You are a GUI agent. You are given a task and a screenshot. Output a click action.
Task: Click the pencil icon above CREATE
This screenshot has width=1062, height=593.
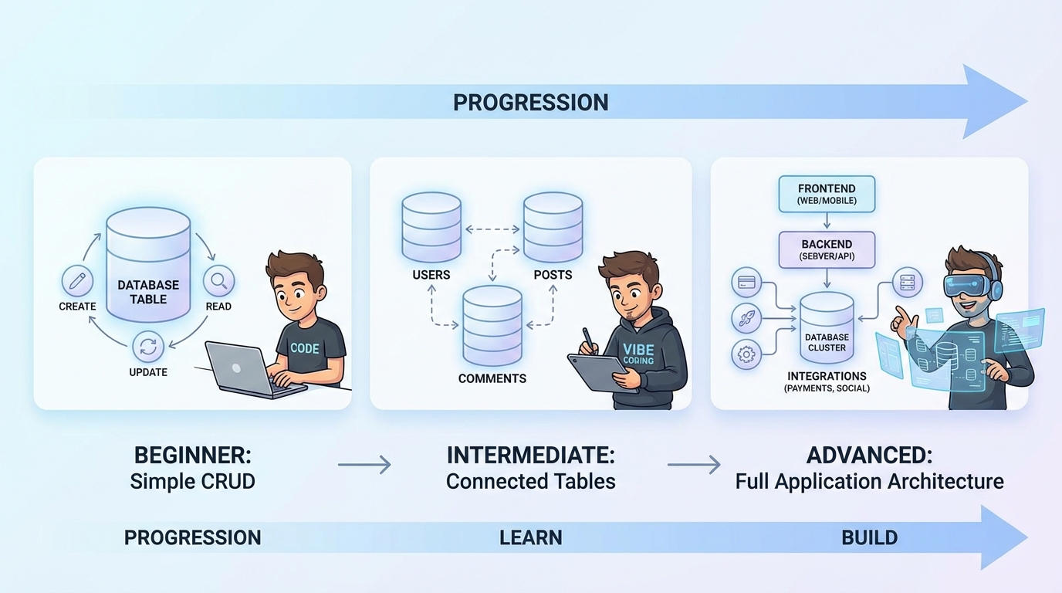tap(76, 281)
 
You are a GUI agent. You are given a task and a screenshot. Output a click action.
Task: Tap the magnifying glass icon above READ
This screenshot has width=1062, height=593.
tap(218, 281)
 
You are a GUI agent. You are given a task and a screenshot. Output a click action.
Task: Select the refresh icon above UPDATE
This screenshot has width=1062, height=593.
tap(148, 347)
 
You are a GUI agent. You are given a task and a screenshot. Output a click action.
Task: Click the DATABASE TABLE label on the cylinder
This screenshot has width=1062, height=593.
tap(148, 291)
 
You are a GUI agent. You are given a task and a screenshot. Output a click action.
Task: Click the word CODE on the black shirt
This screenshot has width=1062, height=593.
tap(304, 348)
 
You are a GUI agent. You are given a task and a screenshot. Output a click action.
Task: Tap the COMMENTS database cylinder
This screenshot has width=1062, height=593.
tap(492, 326)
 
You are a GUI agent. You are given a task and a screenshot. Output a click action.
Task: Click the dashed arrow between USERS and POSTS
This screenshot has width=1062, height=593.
tap(492, 229)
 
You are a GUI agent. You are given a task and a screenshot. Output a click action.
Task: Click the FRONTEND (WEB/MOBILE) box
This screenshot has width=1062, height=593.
tap(827, 195)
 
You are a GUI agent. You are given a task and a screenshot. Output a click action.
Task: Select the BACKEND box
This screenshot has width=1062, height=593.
tap(827, 249)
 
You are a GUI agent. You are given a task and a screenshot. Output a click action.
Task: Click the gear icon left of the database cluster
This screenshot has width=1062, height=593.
tap(746, 355)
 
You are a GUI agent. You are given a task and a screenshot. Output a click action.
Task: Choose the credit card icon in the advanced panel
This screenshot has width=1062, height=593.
tap(746, 283)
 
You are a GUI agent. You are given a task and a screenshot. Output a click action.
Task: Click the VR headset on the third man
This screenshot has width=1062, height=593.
tap(968, 286)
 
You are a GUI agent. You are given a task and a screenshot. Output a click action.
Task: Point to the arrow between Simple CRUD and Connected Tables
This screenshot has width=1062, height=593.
tap(364, 465)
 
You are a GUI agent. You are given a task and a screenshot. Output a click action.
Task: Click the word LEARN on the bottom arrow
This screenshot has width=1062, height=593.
tap(530, 537)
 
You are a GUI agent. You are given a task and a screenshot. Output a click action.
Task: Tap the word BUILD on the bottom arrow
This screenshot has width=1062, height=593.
tap(869, 537)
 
